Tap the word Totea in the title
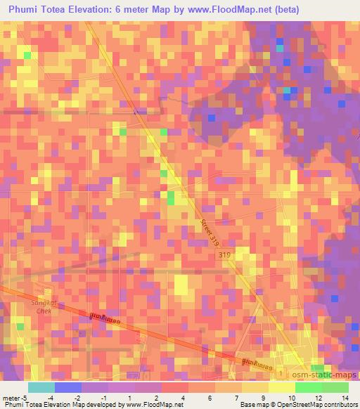[59, 9]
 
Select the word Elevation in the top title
[101, 9]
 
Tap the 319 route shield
[224, 254]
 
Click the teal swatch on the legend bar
[41, 387]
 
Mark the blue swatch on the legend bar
[67, 387]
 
